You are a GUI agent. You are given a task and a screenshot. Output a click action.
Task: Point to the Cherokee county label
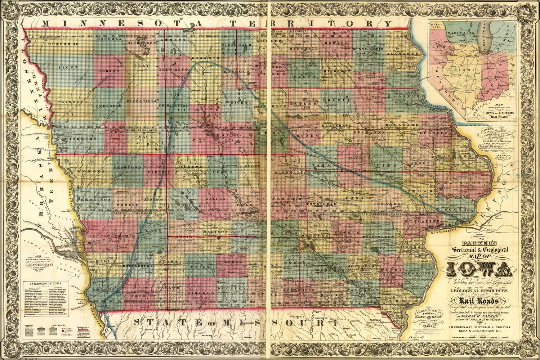tap(108, 106)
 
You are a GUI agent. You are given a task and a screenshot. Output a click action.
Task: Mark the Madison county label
tap(215, 231)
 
